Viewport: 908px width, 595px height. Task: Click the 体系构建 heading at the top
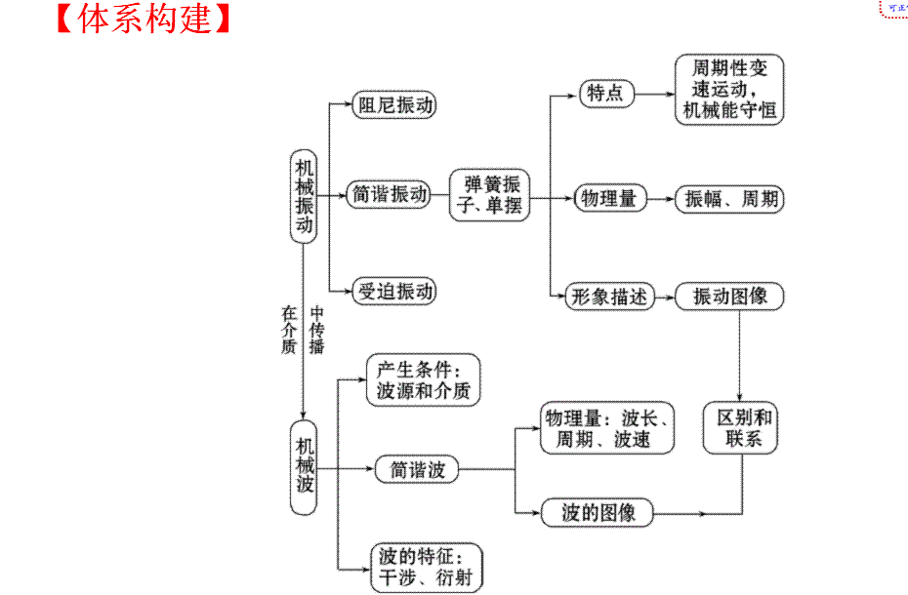144,20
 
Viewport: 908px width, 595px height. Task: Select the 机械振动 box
305,195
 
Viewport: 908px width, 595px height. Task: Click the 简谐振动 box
391,195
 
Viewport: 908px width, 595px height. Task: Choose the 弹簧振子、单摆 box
489,195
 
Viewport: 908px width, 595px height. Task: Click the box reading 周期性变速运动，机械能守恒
729,89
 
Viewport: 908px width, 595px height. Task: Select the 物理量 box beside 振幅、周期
608,199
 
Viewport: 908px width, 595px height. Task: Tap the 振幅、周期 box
729,199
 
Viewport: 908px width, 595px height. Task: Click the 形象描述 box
608,297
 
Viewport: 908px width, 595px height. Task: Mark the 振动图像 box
729,297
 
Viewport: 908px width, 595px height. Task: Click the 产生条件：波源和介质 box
424,380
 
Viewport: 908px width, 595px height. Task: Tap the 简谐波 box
417,469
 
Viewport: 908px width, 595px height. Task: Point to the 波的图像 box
598,512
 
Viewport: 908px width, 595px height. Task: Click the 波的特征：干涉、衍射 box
426,568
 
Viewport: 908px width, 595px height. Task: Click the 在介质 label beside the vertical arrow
288,330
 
